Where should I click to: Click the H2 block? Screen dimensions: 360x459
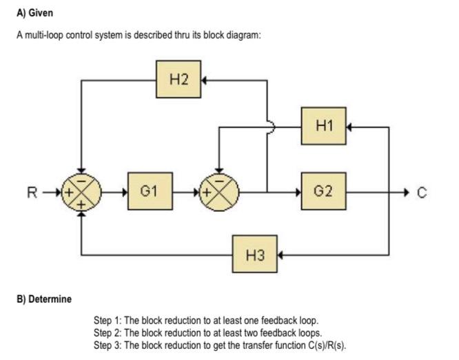click(178, 79)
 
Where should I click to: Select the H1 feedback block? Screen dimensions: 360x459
click(324, 126)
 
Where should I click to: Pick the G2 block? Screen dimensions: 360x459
click(324, 190)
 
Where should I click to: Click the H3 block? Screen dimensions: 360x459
click(254, 255)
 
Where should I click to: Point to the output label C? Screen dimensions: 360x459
click(422, 192)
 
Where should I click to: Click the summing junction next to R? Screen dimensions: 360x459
click(82, 191)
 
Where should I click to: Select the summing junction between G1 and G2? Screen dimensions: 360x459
click(218, 191)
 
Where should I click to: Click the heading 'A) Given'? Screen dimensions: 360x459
click(34, 13)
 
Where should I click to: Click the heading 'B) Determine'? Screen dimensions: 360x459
click(44, 299)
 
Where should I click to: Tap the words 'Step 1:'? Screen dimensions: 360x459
click(108, 321)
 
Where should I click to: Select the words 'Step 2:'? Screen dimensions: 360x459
click(108, 332)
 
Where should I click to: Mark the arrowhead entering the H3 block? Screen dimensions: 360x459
click(281, 255)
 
